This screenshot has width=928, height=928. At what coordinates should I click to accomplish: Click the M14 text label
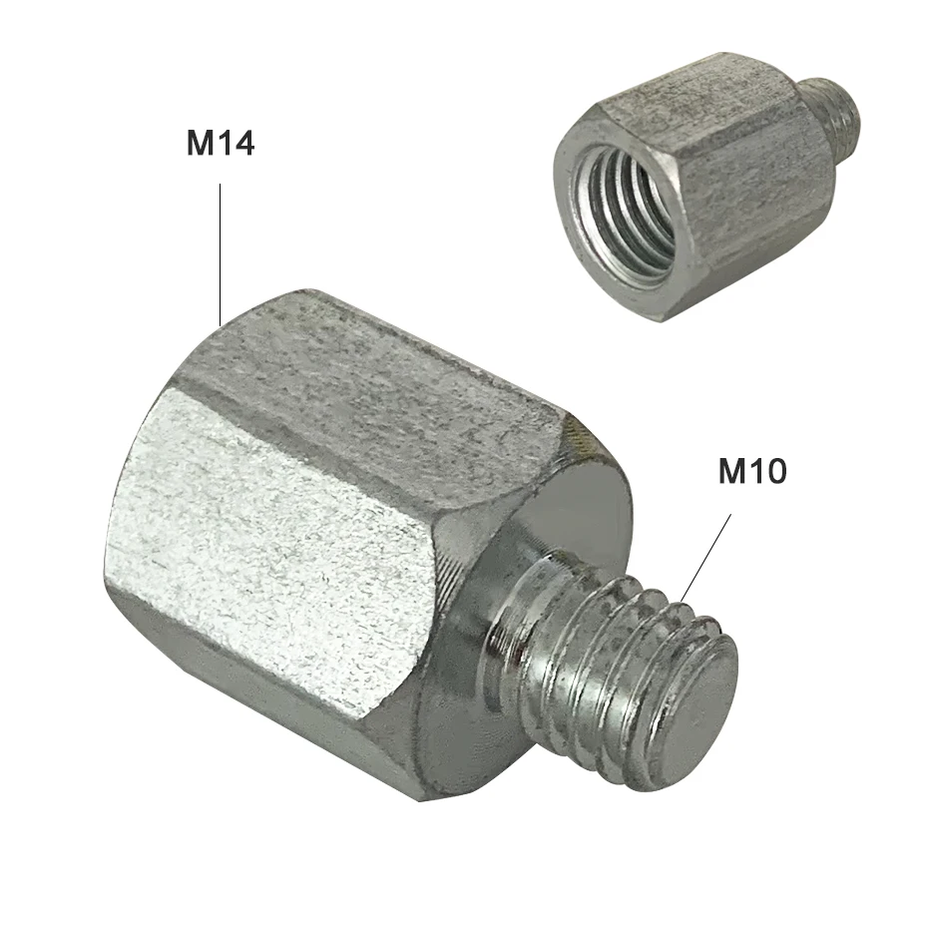click(x=221, y=144)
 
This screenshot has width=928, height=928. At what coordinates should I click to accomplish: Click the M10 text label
click(x=752, y=472)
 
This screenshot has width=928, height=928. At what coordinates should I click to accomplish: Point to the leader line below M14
click(x=221, y=249)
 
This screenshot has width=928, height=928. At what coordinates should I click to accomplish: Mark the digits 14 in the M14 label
click(x=236, y=144)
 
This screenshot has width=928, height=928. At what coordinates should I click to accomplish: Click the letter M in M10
click(x=733, y=472)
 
